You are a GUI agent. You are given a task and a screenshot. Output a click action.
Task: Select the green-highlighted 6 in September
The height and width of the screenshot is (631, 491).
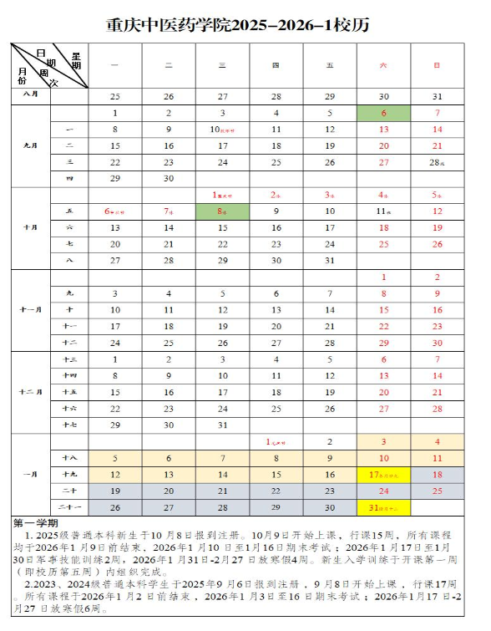tap(383, 114)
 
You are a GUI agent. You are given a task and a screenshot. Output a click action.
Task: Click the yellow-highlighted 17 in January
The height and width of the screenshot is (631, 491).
tap(383, 475)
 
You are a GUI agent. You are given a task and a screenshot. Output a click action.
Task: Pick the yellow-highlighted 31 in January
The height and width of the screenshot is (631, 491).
tap(383, 508)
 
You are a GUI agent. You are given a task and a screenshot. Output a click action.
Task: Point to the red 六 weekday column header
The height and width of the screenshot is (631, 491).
tap(383, 64)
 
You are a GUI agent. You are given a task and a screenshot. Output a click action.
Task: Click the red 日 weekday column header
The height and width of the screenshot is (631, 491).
tap(437, 64)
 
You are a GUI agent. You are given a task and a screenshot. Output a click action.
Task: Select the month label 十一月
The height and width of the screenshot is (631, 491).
tap(29, 310)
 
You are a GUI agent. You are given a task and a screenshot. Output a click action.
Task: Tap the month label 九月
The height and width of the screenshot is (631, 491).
tap(29, 145)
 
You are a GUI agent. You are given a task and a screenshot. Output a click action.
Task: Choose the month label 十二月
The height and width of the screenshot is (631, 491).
tap(29, 392)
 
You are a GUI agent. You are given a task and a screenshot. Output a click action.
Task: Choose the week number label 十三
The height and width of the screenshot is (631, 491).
tap(69, 359)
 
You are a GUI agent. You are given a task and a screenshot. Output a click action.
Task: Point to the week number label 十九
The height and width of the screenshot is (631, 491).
tap(69, 475)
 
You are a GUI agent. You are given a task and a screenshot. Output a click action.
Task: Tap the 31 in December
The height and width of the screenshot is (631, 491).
tap(222, 425)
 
